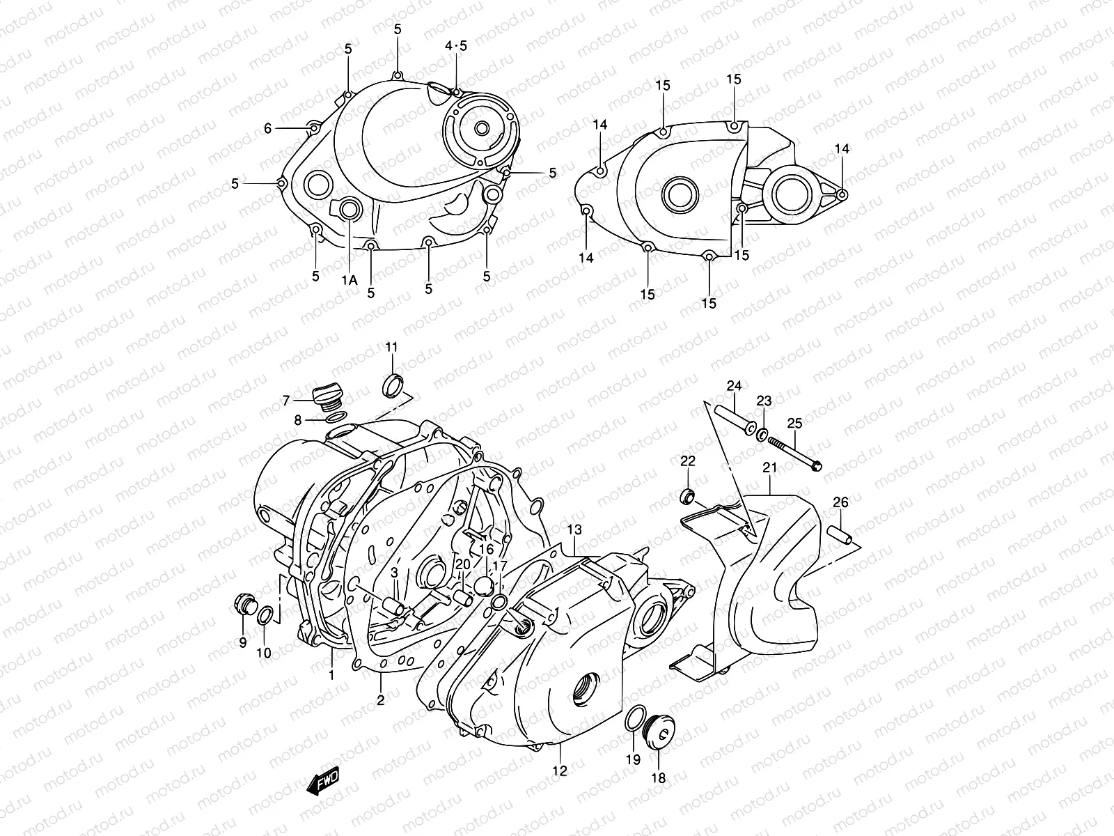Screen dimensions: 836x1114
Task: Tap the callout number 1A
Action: coord(349,280)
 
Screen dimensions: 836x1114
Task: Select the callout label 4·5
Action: coord(457,46)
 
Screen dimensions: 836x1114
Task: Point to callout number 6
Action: coord(267,128)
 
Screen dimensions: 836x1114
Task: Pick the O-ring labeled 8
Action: coord(335,417)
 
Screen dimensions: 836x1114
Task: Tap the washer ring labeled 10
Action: coord(265,615)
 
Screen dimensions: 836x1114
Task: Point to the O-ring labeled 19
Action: coord(634,719)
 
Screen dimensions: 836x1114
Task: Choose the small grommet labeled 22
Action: coord(687,497)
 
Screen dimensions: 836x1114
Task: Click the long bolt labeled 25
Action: coord(794,450)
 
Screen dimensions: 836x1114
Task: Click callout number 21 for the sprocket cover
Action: coord(769,467)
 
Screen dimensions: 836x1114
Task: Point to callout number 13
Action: coord(574,530)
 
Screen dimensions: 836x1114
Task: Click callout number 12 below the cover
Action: coord(560,771)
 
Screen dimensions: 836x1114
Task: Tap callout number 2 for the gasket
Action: coord(381,700)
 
